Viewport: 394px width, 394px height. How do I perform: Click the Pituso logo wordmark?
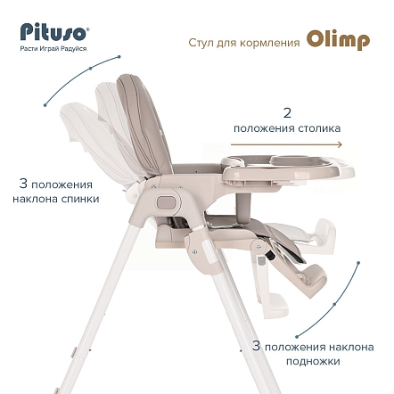53,32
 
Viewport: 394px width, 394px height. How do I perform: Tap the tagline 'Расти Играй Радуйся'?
53,48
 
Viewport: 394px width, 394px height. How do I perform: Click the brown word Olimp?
338,40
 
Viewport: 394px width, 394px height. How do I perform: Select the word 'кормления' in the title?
269,43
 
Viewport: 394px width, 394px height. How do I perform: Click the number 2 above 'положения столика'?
287,113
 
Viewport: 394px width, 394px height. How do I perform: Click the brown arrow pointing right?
286,144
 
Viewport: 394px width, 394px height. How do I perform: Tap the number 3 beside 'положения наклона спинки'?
23,184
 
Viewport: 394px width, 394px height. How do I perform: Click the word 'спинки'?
80,199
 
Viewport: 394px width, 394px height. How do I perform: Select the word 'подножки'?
313,361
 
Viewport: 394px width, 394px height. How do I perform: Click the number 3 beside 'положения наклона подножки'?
256,346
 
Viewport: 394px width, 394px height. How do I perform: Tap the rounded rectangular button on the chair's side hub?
166,202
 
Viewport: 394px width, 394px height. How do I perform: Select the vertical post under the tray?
243,205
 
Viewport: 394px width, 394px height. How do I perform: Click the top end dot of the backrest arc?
119,56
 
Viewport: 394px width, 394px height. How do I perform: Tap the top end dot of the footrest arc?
358,263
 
